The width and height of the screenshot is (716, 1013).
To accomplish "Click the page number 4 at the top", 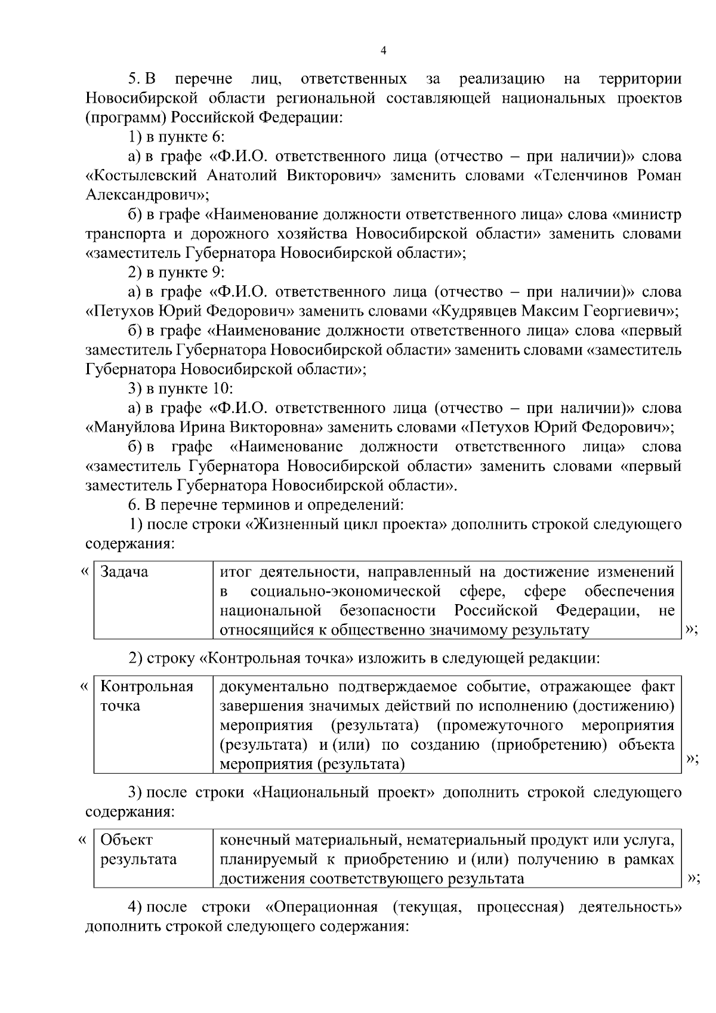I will pyautogui.click(x=384, y=51).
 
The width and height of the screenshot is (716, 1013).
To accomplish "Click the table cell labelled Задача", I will pyautogui.click(x=124, y=572).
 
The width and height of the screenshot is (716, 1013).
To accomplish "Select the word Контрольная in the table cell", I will pyautogui.click(x=147, y=686).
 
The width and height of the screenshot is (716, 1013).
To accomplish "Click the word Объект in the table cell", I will pyautogui.click(x=126, y=840).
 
